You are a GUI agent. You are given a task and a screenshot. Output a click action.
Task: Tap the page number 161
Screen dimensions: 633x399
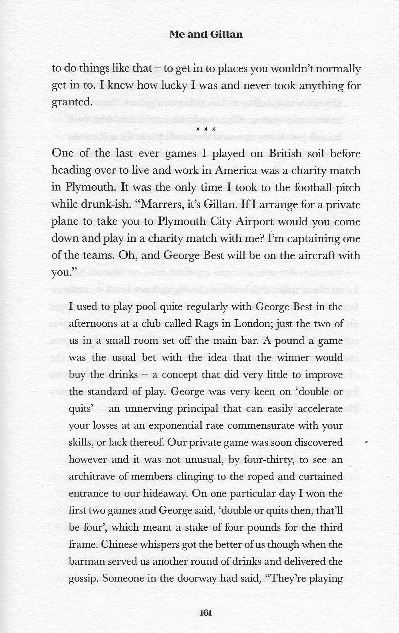[205, 613]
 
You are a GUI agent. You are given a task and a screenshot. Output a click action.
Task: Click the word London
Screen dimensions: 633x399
[253, 324]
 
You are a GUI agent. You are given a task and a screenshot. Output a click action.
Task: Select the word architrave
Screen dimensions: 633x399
[92, 477]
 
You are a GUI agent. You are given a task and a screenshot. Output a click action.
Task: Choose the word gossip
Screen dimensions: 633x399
[83, 579]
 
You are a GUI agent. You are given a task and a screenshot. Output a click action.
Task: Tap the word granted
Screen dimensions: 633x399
[71, 102]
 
